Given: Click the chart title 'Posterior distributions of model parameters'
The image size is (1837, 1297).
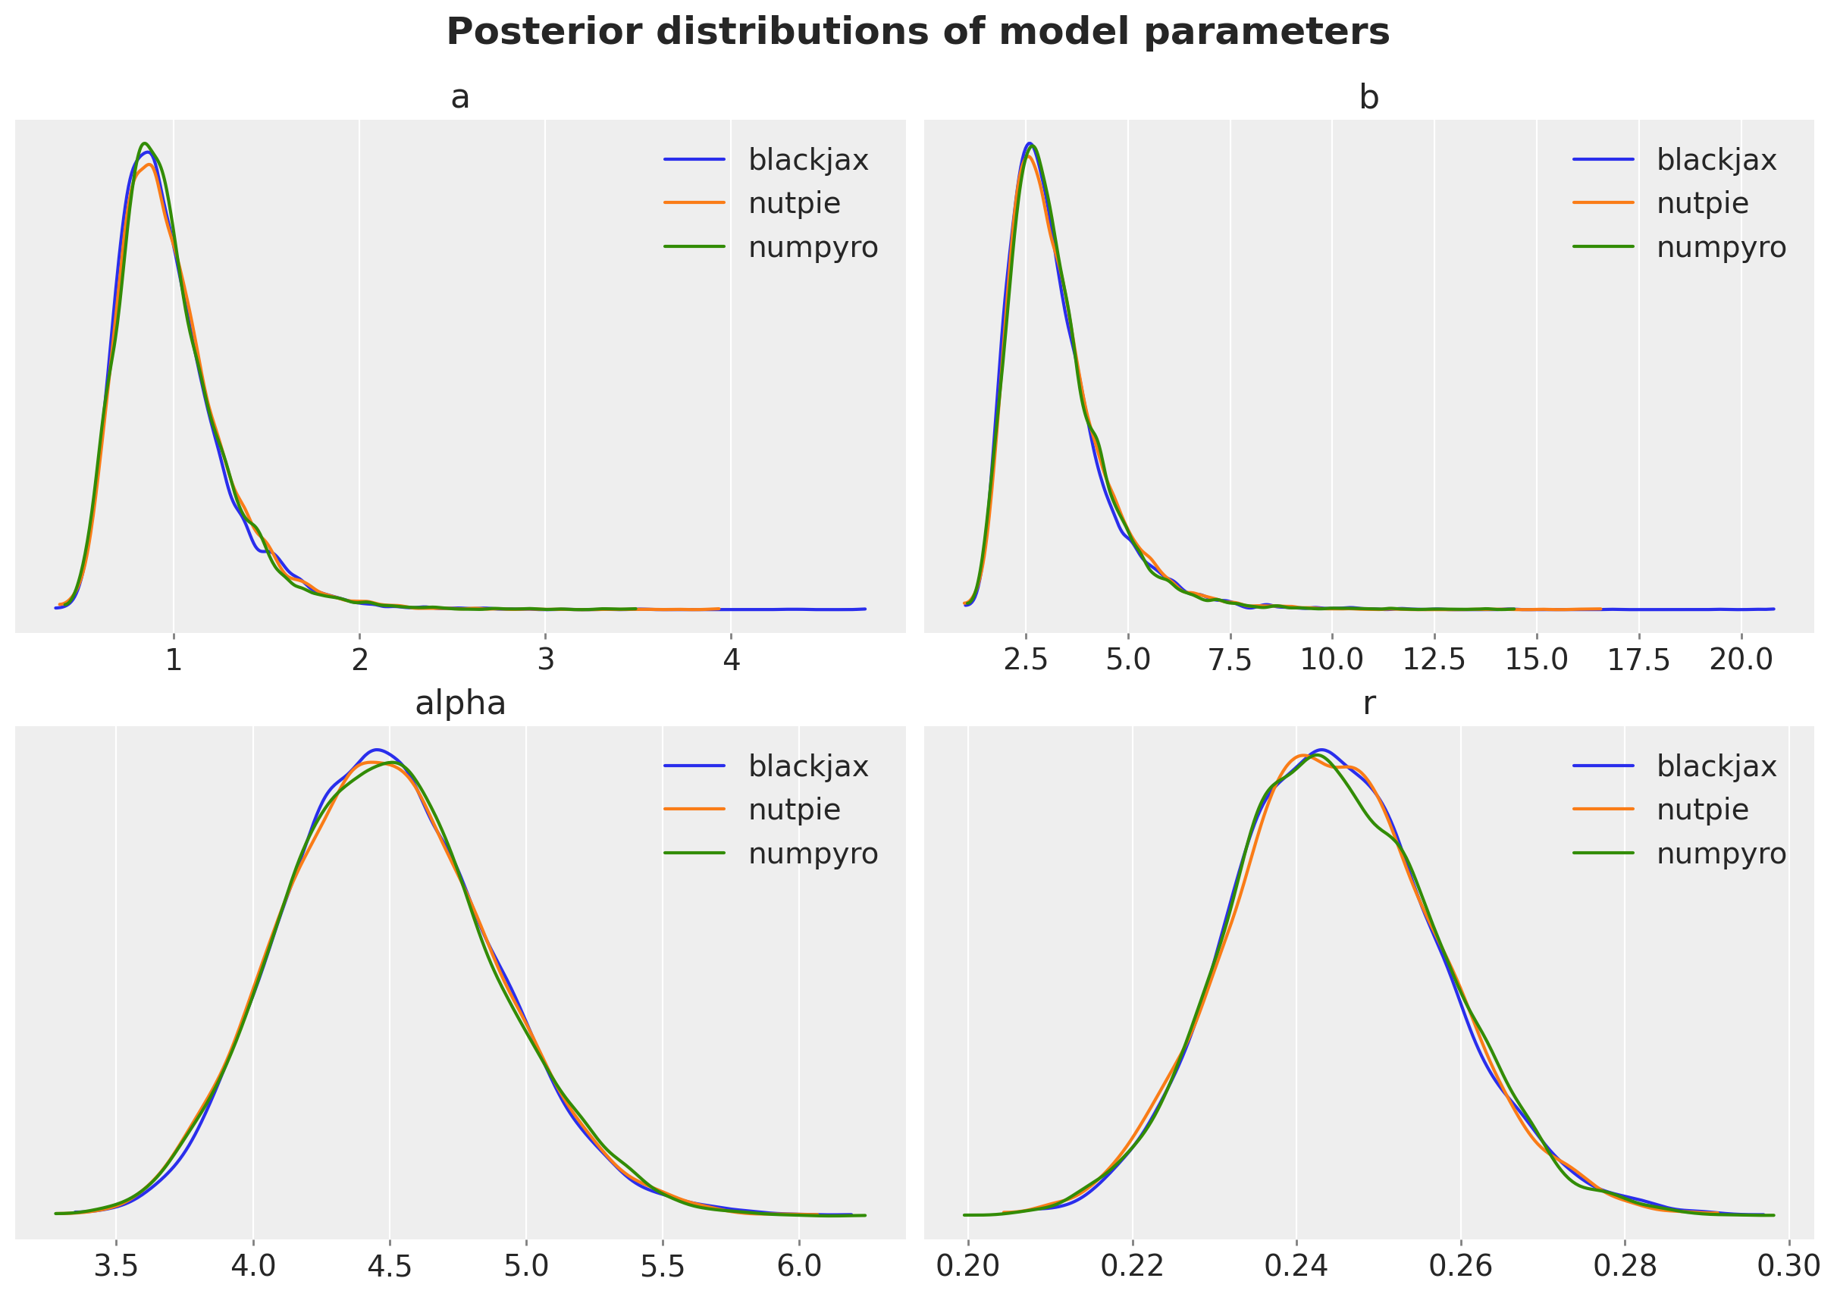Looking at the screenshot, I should tap(917, 33).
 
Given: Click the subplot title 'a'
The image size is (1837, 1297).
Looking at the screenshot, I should tap(460, 98).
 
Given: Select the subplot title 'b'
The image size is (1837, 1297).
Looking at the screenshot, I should tap(1369, 98).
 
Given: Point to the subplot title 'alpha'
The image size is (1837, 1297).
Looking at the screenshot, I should tap(460, 704).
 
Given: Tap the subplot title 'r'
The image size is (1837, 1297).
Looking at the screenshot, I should tap(1369, 704).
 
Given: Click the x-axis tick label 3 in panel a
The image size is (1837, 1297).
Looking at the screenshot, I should tap(546, 661).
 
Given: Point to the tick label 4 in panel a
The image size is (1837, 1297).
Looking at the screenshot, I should tap(732, 661).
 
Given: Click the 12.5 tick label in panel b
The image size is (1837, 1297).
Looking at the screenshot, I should tap(1434, 661).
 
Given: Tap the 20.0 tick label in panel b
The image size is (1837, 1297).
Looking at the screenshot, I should tap(1741, 661).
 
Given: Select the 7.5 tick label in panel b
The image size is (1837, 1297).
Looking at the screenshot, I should tap(1230, 661).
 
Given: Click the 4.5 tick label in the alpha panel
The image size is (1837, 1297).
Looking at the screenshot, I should tap(390, 1267).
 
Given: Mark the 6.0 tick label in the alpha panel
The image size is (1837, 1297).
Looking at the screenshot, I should tap(799, 1267).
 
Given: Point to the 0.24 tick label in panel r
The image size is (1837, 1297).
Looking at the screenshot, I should tap(1296, 1267).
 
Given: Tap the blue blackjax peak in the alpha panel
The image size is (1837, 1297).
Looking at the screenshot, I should tap(376, 750).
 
